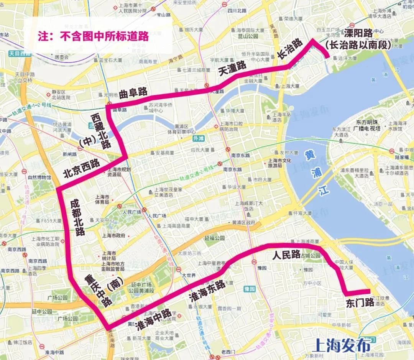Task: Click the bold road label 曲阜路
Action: (x=133, y=92)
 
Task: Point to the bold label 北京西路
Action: (x=81, y=169)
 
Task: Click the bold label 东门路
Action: (x=360, y=302)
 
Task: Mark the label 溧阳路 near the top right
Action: (x=358, y=33)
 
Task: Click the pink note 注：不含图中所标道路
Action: (x=93, y=36)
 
